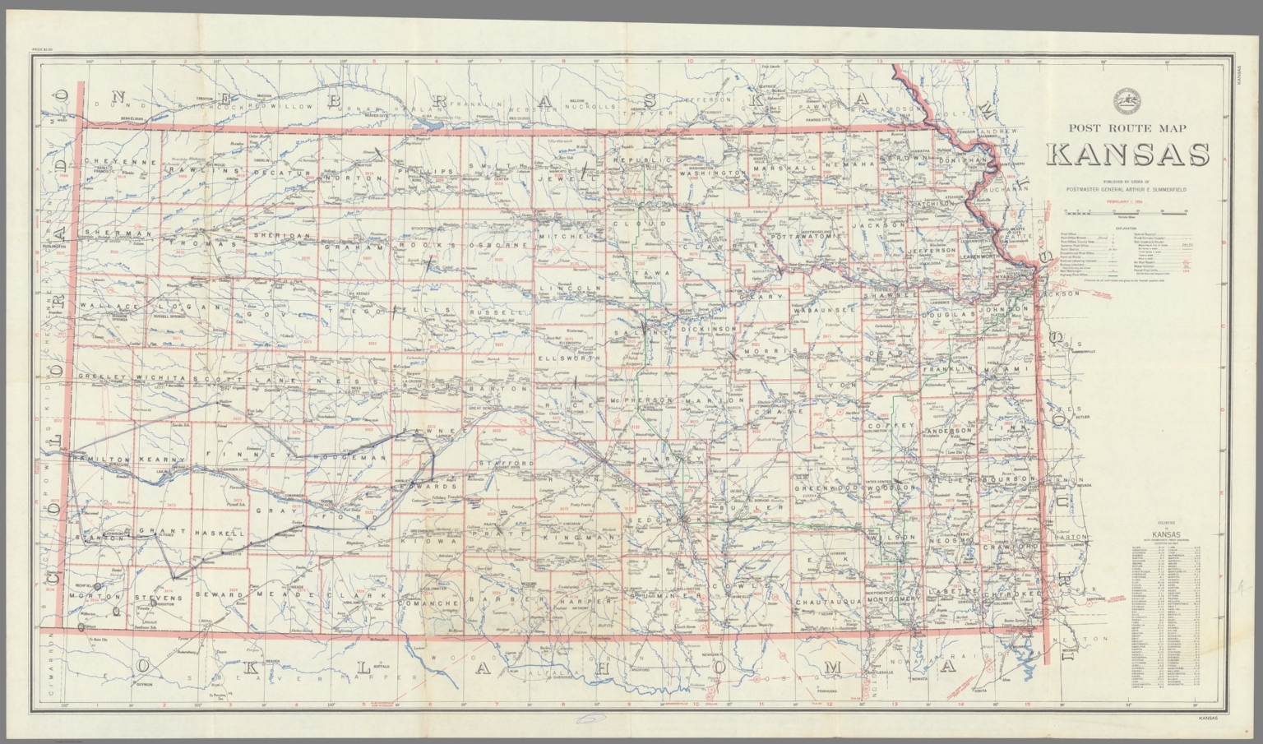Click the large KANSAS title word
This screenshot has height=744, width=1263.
click(1127, 155)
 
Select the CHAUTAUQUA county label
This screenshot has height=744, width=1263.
click(830, 603)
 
